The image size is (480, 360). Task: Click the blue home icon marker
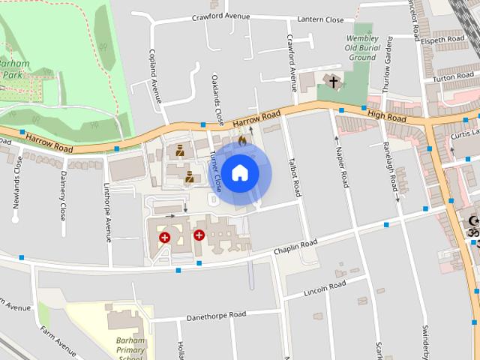[239, 173]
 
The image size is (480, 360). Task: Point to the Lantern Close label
[320, 19]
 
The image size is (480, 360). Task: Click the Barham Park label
[13, 69]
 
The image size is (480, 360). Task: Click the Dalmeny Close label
[63, 192]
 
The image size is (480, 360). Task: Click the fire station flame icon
[241, 140]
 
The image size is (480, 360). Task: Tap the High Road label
[386, 116]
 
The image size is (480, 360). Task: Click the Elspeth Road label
[443, 38]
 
